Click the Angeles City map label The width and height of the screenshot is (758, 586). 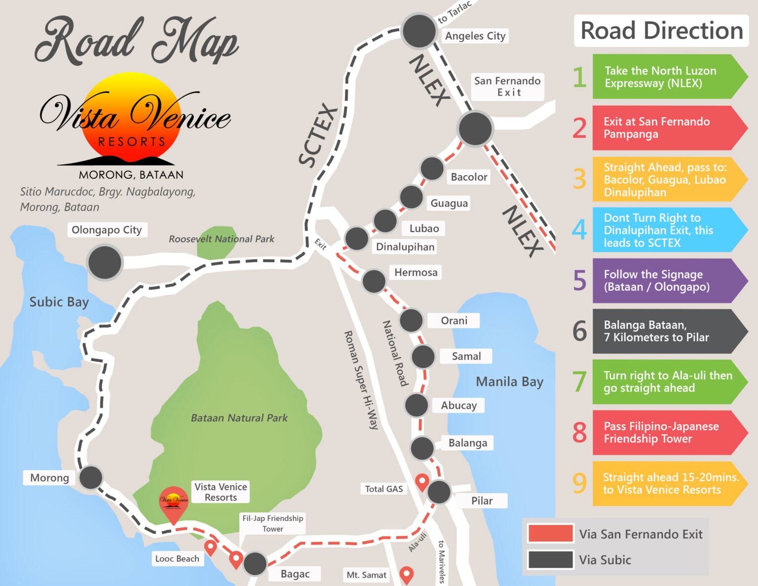(475, 36)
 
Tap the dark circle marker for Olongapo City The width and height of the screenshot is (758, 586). (105, 262)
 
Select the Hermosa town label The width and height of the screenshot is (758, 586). (416, 273)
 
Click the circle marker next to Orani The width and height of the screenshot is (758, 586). (411, 320)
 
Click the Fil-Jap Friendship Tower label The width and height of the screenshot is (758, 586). (272, 523)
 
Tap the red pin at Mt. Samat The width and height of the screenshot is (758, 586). (406, 574)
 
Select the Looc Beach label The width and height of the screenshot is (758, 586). (177, 559)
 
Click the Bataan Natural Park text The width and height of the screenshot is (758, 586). (239, 418)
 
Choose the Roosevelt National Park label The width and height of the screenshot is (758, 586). (221, 239)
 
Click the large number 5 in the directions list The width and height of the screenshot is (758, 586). (580, 281)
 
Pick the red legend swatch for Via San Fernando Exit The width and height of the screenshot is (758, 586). (550, 534)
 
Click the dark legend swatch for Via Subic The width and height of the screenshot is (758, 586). (550, 560)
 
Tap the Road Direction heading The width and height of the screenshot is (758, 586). (661, 31)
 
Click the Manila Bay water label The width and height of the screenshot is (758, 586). (509, 382)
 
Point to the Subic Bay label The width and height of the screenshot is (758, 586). (59, 302)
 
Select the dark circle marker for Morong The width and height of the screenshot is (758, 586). (91, 478)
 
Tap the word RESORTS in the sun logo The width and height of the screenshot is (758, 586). (131, 142)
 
